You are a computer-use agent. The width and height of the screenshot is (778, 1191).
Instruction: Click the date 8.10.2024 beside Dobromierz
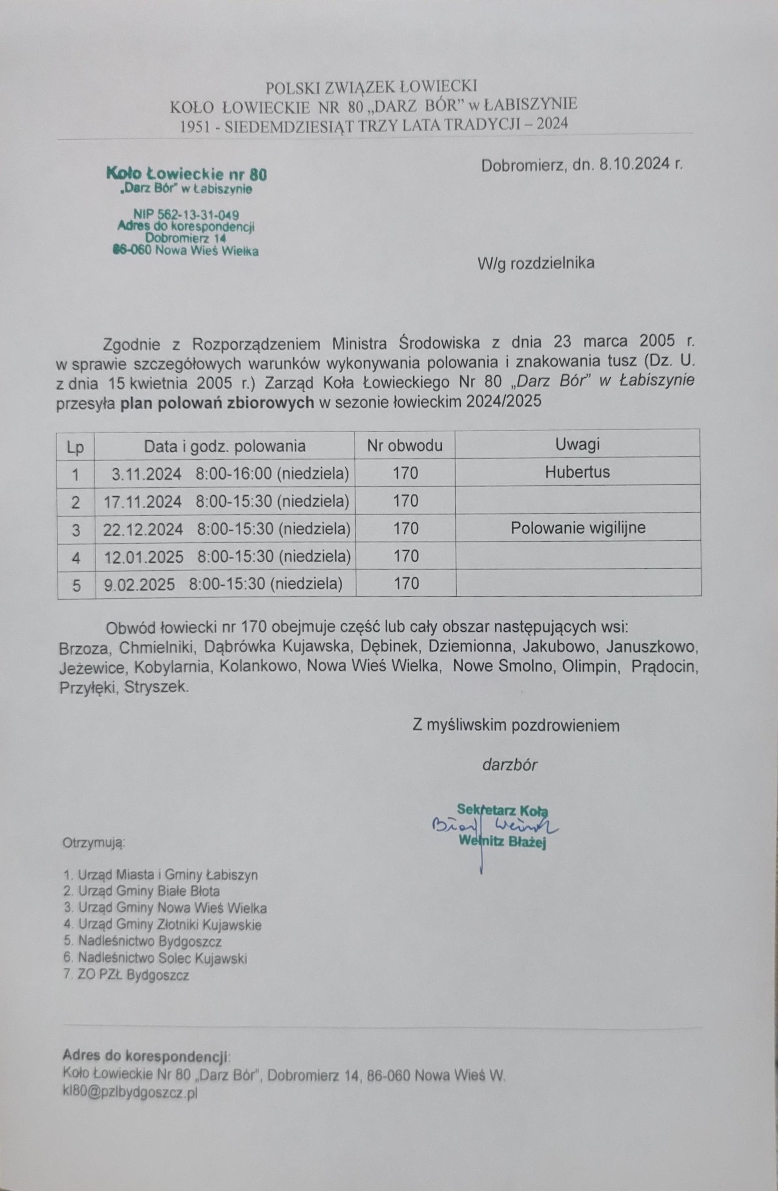[x=635, y=166]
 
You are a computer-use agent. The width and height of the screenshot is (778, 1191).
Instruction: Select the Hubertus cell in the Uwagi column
[x=577, y=472]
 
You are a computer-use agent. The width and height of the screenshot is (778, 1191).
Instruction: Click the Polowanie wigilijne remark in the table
[x=578, y=528]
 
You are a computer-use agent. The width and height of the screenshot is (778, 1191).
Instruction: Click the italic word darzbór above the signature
[x=509, y=765]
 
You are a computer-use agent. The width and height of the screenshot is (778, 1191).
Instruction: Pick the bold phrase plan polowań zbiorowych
[x=218, y=403]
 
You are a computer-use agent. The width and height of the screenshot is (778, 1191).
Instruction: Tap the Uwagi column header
[x=577, y=444]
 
